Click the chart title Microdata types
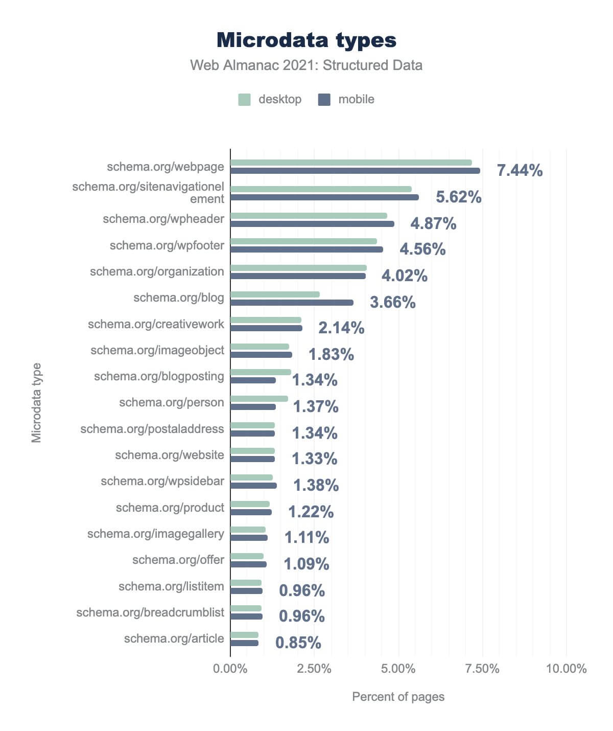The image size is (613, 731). click(x=306, y=40)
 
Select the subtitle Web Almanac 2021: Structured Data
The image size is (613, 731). click(x=306, y=65)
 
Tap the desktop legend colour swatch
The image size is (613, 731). click(x=244, y=100)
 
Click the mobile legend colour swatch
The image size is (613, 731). click(x=324, y=100)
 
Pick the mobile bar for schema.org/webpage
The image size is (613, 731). click(x=355, y=171)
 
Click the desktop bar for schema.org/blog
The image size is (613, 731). click(x=275, y=294)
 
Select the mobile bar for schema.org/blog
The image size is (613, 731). click(x=292, y=303)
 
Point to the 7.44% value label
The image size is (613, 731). click(x=520, y=171)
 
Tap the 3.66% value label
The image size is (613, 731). click(x=392, y=303)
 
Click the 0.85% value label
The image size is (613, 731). click(x=298, y=643)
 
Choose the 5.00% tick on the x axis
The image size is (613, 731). click(x=398, y=669)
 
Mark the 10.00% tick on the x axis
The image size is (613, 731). click(x=566, y=669)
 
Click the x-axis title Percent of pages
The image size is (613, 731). click(x=398, y=697)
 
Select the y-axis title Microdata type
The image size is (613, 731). click(x=36, y=403)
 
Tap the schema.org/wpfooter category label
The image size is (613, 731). click(x=167, y=245)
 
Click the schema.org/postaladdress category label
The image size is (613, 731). click(x=152, y=429)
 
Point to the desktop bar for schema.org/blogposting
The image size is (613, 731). click(x=261, y=372)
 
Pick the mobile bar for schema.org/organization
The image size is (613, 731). click(x=298, y=276)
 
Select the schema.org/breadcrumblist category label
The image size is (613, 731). click(x=150, y=612)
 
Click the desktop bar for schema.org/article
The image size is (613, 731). click(x=244, y=635)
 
